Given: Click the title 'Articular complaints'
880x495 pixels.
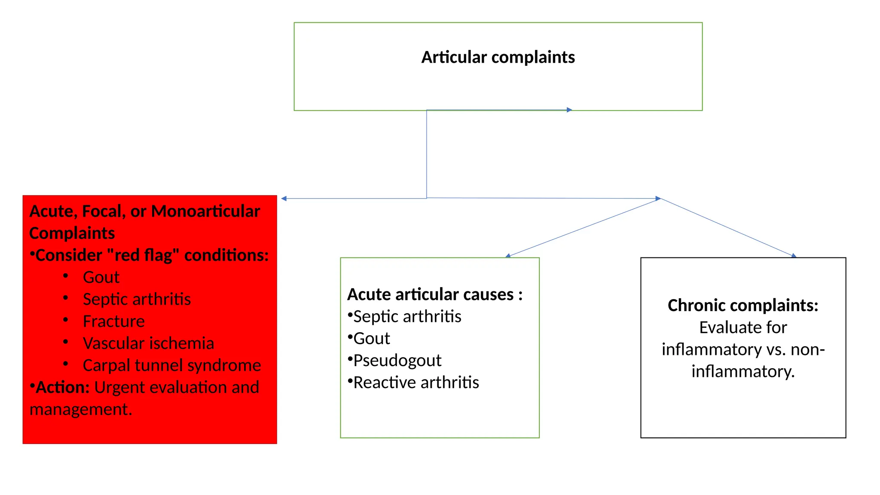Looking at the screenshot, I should point(498,57).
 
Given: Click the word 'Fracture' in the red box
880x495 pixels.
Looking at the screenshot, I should point(113,321).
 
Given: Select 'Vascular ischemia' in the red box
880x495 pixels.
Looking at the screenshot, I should point(148,343).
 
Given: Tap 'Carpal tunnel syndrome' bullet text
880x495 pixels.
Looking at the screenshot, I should point(171,365).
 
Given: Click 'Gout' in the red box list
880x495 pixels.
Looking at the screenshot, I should point(101,277).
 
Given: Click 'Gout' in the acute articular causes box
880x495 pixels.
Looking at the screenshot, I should point(371,339).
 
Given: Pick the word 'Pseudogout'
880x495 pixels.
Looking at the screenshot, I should point(397,361).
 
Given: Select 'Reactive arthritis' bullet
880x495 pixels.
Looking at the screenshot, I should point(416,382).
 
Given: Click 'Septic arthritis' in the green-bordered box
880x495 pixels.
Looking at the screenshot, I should point(407,317).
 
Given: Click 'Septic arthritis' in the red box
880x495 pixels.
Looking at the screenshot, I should point(137,299).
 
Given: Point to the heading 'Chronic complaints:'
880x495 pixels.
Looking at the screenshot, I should point(742,306).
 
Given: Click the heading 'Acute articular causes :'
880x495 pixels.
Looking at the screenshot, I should point(434,295).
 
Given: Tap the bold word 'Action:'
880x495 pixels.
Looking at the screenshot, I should point(63,387).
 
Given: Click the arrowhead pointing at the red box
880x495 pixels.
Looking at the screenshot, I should point(284,199).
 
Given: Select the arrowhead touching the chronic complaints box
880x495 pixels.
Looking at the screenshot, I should point(794,256).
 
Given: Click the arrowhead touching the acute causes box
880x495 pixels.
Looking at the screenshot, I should point(508,256).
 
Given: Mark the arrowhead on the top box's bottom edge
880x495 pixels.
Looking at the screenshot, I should point(569,110).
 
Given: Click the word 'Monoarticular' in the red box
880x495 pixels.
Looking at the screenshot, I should point(205,211).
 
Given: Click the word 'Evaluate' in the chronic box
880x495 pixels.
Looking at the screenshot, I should point(722,327).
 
